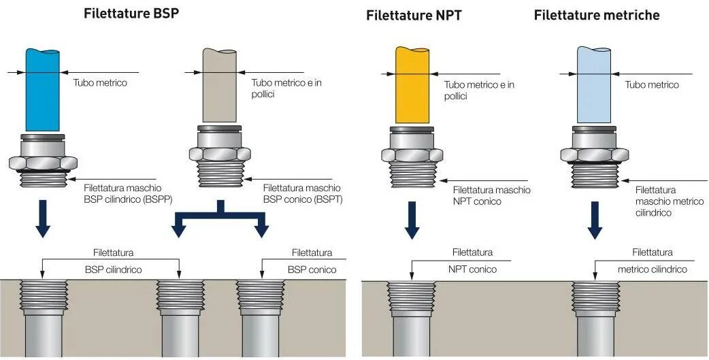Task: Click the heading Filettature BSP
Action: click(131, 14)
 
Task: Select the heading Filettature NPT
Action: click(414, 16)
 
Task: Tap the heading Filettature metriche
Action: click(597, 15)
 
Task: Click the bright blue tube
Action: click(43, 88)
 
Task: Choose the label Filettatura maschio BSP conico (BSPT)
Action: click(302, 193)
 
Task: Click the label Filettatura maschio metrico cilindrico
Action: click(662, 201)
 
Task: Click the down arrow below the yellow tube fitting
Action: click(412, 220)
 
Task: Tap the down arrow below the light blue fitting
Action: click(595, 220)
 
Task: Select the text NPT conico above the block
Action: click(472, 269)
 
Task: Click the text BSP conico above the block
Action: click(312, 269)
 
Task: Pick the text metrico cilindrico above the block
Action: click(652, 269)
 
